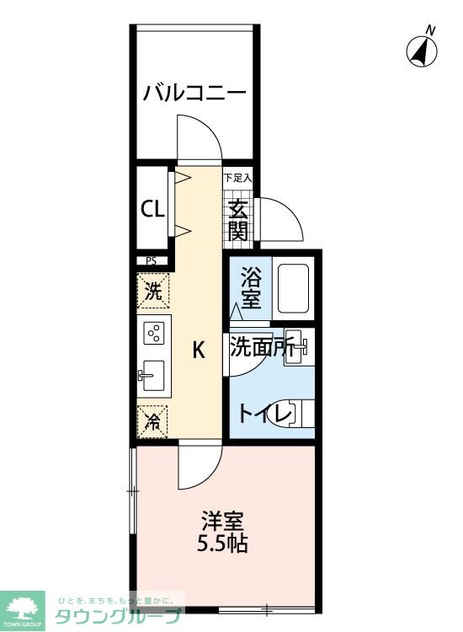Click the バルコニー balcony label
click(194, 92)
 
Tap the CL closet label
click(152, 209)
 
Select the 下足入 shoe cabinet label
click(238, 179)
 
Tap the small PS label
click(152, 261)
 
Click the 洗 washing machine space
click(152, 292)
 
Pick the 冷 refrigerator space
click(152, 420)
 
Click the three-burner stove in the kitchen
click(154, 334)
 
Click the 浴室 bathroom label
click(251, 287)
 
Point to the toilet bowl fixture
click(298, 414)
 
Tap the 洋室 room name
click(222, 520)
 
